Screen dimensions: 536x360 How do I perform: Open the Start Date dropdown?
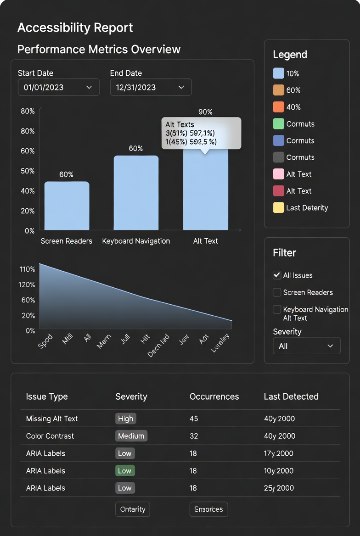point(58,87)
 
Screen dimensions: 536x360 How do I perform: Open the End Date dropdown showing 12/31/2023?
point(151,87)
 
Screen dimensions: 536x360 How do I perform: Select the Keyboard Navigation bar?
point(136,193)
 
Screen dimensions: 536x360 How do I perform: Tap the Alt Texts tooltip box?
point(201,133)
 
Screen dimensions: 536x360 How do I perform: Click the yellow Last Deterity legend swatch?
point(279,208)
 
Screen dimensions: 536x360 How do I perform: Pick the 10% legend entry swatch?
point(279,73)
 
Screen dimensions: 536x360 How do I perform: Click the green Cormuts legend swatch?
point(279,124)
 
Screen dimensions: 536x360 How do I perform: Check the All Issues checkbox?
point(277,275)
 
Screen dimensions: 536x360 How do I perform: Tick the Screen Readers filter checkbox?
point(277,292)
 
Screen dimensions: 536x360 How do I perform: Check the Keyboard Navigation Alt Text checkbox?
point(277,309)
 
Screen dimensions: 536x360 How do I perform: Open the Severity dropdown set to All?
point(306,346)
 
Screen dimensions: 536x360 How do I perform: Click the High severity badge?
point(125,419)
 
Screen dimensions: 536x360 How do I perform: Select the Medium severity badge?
point(131,436)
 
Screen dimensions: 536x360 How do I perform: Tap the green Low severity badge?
point(124,471)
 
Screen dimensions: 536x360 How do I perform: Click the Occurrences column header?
point(214,396)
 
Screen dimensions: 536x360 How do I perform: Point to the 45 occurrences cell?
point(193,419)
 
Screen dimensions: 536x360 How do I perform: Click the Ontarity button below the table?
point(132,509)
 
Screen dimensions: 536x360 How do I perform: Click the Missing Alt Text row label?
point(52,419)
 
